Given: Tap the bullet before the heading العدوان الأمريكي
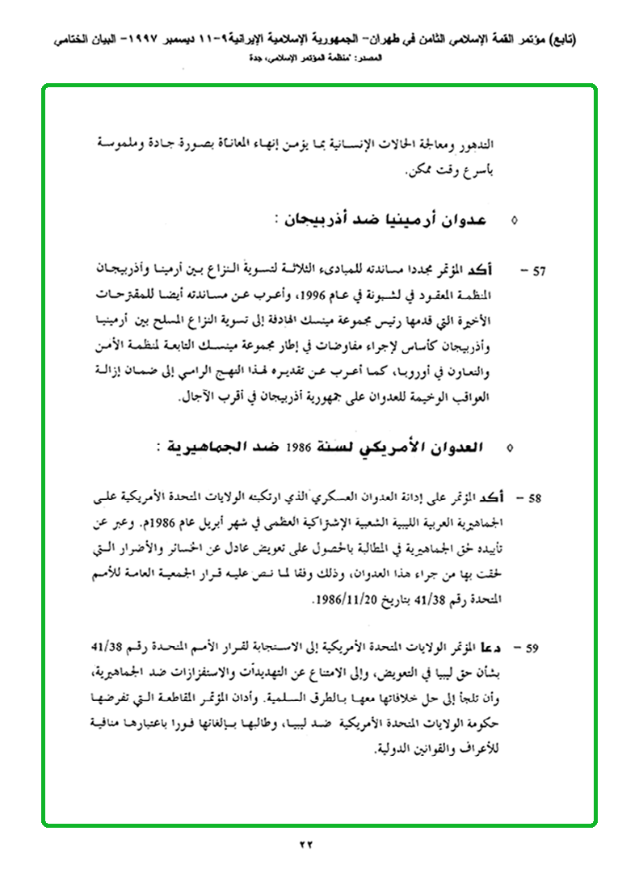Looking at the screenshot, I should pyautogui.click(x=508, y=447).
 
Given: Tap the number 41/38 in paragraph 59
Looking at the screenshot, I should pyautogui.click(x=108, y=647).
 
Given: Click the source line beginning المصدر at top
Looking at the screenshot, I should pyautogui.click(x=319, y=57).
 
